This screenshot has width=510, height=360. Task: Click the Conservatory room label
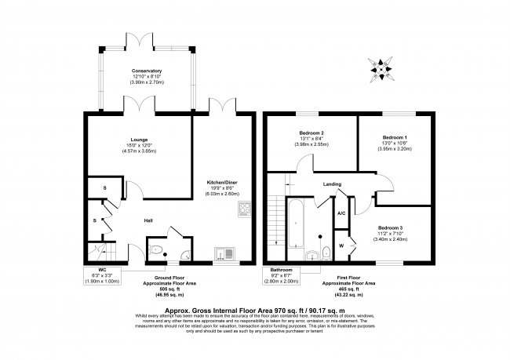coord(146,71)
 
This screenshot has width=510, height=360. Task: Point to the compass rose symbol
coord(381,69)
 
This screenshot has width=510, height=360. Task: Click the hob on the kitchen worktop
coord(244,209)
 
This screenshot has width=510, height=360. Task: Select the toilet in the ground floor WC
coord(157,251)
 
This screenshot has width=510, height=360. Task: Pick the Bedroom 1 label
coord(395,138)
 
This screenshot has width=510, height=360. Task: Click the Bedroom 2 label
coord(312,133)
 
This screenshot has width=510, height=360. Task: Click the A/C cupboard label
coord(342,213)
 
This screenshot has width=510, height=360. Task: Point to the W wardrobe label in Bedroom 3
coord(342,244)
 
